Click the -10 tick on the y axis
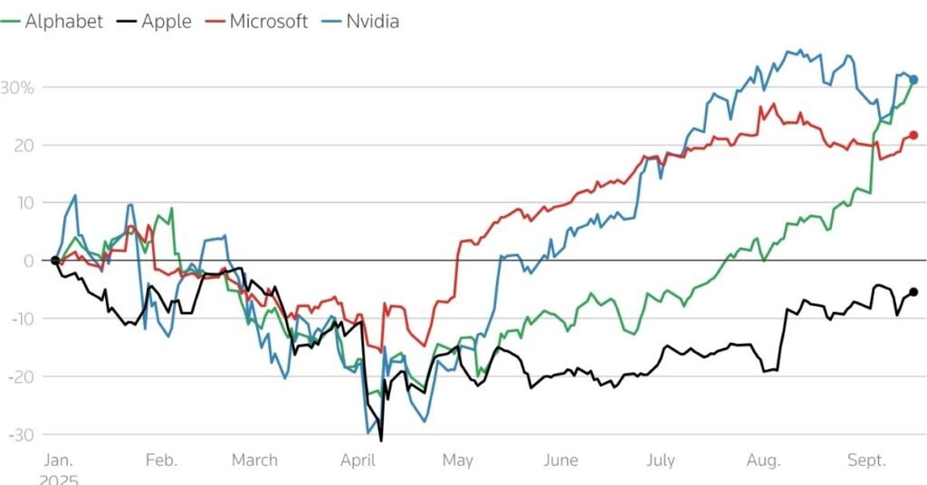point(21,319)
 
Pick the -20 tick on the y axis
point(21,376)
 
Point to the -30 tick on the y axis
point(21,434)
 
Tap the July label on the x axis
point(660,461)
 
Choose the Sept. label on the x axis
point(867,461)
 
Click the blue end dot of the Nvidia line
point(913,80)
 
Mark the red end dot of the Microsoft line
point(913,135)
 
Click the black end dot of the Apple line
point(913,291)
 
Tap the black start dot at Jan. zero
point(55,261)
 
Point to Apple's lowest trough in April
point(381,441)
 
